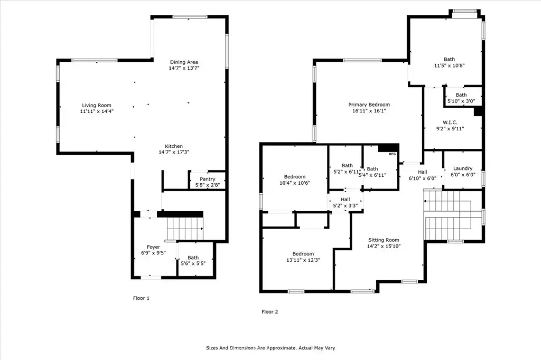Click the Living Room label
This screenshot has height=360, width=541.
point(97,105)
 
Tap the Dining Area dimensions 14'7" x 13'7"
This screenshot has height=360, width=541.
point(184,68)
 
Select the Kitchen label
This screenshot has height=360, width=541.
point(174,146)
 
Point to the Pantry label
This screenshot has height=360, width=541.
point(207,179)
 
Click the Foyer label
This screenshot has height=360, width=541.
point(154,247)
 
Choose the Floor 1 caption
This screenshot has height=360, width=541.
point(141,298)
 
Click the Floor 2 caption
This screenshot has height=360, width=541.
point(269,312)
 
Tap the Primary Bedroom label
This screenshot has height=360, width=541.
point(369,105)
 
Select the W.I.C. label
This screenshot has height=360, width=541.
point(450,122)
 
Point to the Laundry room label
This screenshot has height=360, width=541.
point(463,168)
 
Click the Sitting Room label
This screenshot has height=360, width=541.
point(384,240)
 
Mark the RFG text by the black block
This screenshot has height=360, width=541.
point(393,154)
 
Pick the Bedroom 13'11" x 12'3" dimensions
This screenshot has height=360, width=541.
point(303,260)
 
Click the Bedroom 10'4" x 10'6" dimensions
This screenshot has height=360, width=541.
point(295,183)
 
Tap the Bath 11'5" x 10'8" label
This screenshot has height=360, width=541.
point(449,59)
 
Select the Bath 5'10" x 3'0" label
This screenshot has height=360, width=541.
point(461,95)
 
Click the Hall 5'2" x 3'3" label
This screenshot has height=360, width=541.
point(346,200)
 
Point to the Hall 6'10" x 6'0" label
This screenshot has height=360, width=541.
point(423,172)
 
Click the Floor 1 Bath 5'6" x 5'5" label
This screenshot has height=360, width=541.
point(193,258)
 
